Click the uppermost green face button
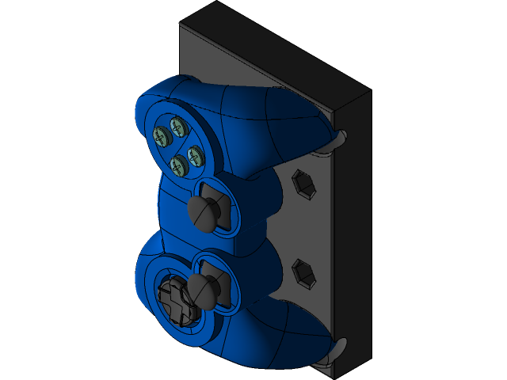pyautogui.click(x=176, y=125)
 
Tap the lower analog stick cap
pyautogui.click(x=203, y=289)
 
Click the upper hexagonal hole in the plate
pyautogui.click(x=304, y=184)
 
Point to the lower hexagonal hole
pyautogui.click(x=304, y=273)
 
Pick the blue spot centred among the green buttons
pyautogui.click(x=177, y=146)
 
